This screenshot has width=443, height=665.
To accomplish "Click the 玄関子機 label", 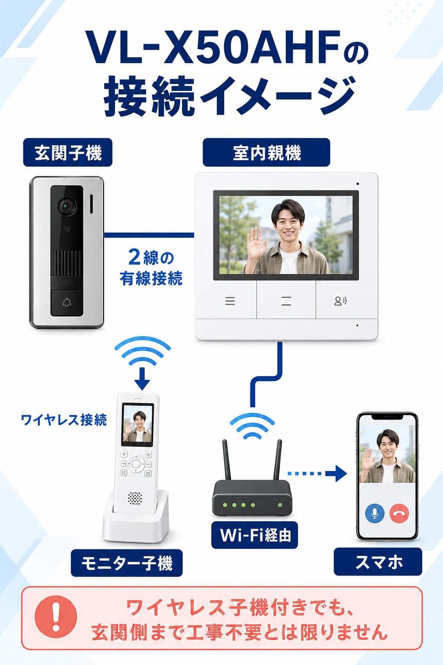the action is coord(67,152).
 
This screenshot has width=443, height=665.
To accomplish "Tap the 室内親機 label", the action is coord(266,152).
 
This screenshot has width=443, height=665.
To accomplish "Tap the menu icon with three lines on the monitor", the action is coord(230,301).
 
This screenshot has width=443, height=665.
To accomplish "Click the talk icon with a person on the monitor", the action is coord(340,301).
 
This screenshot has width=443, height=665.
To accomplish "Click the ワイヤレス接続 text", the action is coord(64,420).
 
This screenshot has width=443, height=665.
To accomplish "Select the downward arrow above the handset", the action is coord(142,378).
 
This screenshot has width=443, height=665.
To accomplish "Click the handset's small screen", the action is coord(138,425).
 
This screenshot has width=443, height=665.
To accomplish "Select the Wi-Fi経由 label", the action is coord(254,535).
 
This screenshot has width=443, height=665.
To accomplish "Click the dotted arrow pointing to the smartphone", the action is coord(317,474).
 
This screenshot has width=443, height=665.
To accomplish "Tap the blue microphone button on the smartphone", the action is coord(375,513).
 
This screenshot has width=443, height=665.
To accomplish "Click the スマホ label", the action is coord(378,562).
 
